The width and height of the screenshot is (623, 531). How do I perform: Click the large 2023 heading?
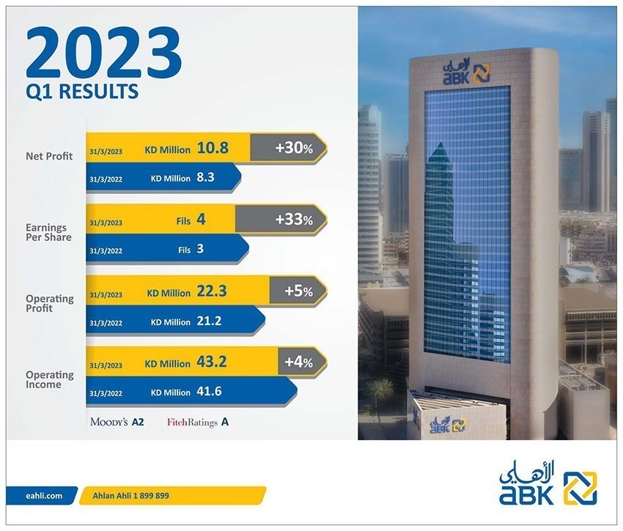click(x=103, y=53)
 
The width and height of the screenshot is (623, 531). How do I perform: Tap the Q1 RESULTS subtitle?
click(x=82, y=92)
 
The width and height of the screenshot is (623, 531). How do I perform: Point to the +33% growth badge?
click(x=281, y=219)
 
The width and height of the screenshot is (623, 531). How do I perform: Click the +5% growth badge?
click(x=298, y=291)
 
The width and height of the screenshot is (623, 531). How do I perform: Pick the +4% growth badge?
click(x=303, y=362)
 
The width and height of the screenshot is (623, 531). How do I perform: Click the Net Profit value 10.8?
click(x=213, y=148)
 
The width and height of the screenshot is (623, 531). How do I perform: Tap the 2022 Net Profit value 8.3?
click(x=205, y=177)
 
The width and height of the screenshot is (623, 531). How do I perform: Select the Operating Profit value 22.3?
click(x=212, y=291)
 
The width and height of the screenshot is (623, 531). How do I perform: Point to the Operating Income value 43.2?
click(x=212, y=362)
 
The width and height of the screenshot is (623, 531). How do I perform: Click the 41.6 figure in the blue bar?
click(x=209, y=392)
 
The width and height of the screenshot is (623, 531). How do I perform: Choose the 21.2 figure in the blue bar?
click(x=209, y=321)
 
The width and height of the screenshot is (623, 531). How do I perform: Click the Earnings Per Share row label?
click(x=49, y=232)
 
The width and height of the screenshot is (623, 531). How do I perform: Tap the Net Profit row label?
click(x=49, y=156)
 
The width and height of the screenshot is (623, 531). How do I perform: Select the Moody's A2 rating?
click(x=117, y=422)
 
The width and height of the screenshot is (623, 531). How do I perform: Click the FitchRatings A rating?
click(x=198, y=422)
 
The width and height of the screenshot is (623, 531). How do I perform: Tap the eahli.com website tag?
click(x=42, y=496)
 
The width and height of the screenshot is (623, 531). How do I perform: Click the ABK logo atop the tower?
click(x=466, y=71)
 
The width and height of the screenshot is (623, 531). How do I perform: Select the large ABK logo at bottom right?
click(x=548, y=483)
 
